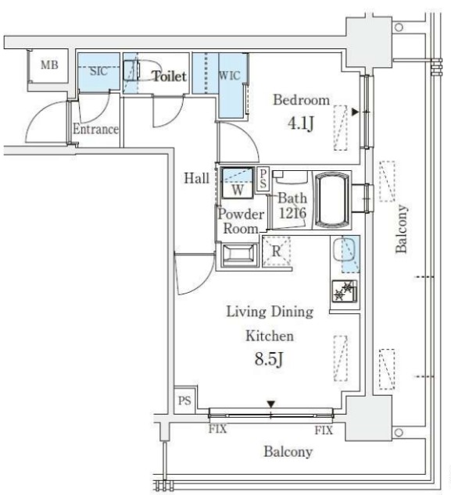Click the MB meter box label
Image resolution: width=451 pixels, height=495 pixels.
[x=49, y=65]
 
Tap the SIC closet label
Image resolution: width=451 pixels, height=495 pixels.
[x=98, y=71]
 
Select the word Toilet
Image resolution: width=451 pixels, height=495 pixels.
[x=170, y=76]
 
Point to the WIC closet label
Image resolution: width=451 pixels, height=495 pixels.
[x=230, y=76]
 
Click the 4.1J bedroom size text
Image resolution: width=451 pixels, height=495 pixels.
[x=301, y=123]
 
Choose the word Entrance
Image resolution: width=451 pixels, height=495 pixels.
[x=96, y=129]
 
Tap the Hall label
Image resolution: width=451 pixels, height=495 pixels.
[x=197, y=178]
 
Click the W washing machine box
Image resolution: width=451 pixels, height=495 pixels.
[x=238, y=183]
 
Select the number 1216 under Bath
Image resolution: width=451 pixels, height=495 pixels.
[x=292, y=213]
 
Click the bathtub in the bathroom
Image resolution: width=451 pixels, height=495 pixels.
[x=332, y=200]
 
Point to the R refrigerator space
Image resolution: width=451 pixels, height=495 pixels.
[x=276, y=251]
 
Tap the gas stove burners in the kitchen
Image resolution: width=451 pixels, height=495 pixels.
[x=345, y=291]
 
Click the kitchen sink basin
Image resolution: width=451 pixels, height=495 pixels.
[x=344, y=249]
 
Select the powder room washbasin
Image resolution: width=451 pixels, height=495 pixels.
[x=238, y=255]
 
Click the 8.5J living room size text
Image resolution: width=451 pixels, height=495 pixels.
[x=268, y=359]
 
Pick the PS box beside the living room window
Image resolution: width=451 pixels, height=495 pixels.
[x=184, y=401]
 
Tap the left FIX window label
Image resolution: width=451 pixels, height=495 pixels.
[x=217, y=429]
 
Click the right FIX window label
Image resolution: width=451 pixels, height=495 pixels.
[x=324, y=430]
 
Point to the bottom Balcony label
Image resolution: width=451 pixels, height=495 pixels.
[x=288, y=451]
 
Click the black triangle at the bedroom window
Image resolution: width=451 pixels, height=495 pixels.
[x=355, y=112]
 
